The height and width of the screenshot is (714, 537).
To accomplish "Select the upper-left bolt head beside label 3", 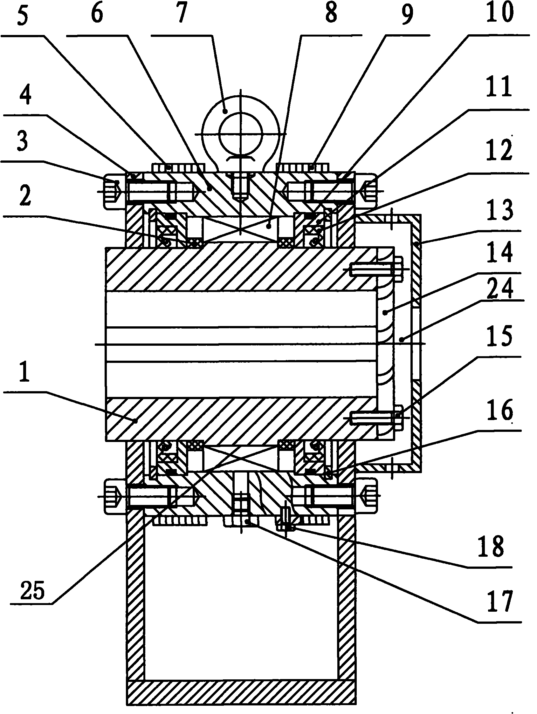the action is [x=114, y=191].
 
